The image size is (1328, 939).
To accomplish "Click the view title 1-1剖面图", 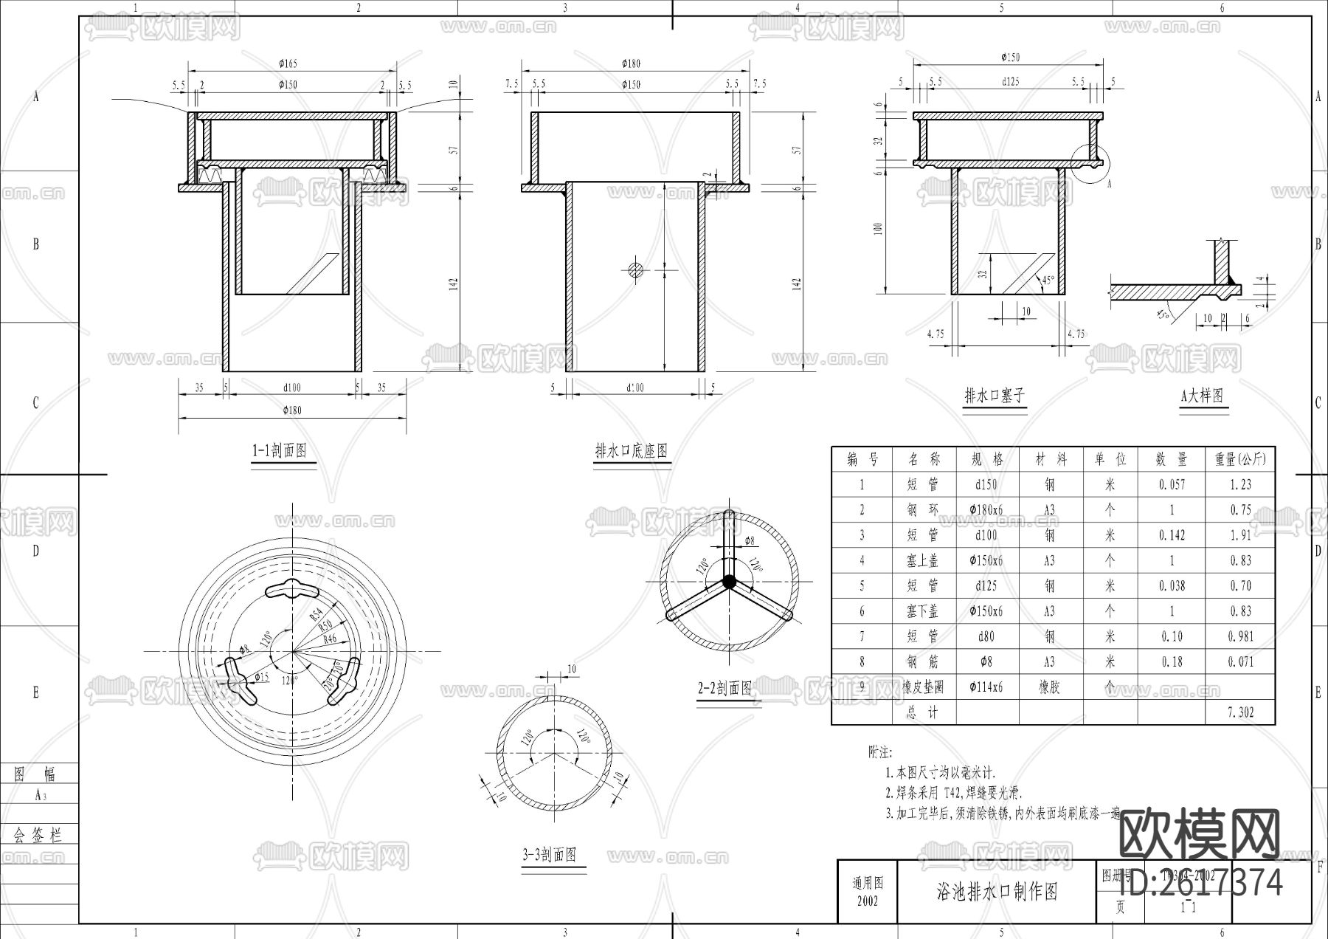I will tap(280, 451).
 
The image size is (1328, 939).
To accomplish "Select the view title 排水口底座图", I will tap(632, 451).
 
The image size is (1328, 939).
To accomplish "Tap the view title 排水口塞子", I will tap(995, 396).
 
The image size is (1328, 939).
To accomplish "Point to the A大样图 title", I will tap(1202, 396).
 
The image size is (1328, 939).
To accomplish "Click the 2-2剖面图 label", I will tap(725, 689).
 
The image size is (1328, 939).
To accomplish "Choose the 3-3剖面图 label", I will tap(549, 856).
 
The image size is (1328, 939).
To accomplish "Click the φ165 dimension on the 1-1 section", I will tap(288, 64).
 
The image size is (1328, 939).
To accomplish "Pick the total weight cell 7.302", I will tap(1240, 712).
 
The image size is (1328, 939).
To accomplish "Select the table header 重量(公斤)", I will tap(1240, 459).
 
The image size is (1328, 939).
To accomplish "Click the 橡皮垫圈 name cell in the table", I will tap(923, 687).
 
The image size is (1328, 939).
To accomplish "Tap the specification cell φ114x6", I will tap(986, 687).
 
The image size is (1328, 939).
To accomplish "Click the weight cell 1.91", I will tap(1240, 535).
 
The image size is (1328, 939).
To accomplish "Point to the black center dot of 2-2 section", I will tap(729, 582).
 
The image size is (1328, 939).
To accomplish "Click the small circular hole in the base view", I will tap(636, 270).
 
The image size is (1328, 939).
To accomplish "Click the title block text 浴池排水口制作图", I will tap(997, 892).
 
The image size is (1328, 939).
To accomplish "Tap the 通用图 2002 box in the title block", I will tap(868, 892).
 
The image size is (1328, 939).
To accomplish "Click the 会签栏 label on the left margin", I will tap(38, 835).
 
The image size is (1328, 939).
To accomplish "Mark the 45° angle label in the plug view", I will tap(1047, 281).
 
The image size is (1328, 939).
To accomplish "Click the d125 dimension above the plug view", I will tap(1010, 82).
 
